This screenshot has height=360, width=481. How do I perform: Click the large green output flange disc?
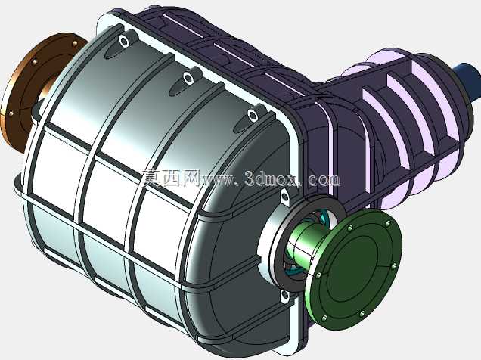355,270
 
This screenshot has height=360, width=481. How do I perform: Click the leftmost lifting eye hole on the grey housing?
124,41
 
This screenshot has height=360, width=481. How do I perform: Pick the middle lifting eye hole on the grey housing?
188,79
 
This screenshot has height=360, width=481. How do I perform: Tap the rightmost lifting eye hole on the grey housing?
253,115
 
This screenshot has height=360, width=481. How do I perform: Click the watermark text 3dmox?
272,178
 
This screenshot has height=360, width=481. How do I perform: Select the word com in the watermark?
324,179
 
